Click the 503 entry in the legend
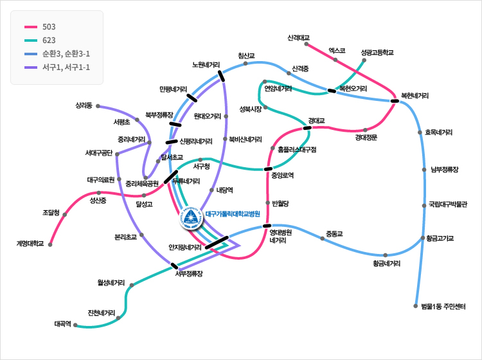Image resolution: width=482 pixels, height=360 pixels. click(x=49, y=27)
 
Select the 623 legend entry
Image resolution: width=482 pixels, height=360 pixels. click(x=49, y=40)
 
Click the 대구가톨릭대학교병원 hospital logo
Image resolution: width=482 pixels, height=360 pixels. click(x=191, y=219)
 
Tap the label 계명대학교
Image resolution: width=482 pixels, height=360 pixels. click(x=30, y=244)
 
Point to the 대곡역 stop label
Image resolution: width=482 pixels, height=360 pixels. click(x=62, y=324)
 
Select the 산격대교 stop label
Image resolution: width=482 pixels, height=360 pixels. click(x=299, y=37)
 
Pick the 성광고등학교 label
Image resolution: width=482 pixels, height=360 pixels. click(x=377, y=52)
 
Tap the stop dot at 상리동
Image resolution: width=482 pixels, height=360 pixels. click(x=98, y=106)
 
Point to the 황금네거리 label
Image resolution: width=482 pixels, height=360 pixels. click(x=386, y=264)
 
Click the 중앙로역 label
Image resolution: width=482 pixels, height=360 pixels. click(x=282, y=175)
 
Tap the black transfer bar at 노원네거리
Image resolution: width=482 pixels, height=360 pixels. click(x=222, y=76)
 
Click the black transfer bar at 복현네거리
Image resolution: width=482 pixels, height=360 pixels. click(x=394, y=100)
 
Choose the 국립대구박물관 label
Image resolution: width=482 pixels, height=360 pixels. click(x=448, y=205)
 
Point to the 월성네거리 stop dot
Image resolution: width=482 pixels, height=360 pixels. click(x=131, y=284)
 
